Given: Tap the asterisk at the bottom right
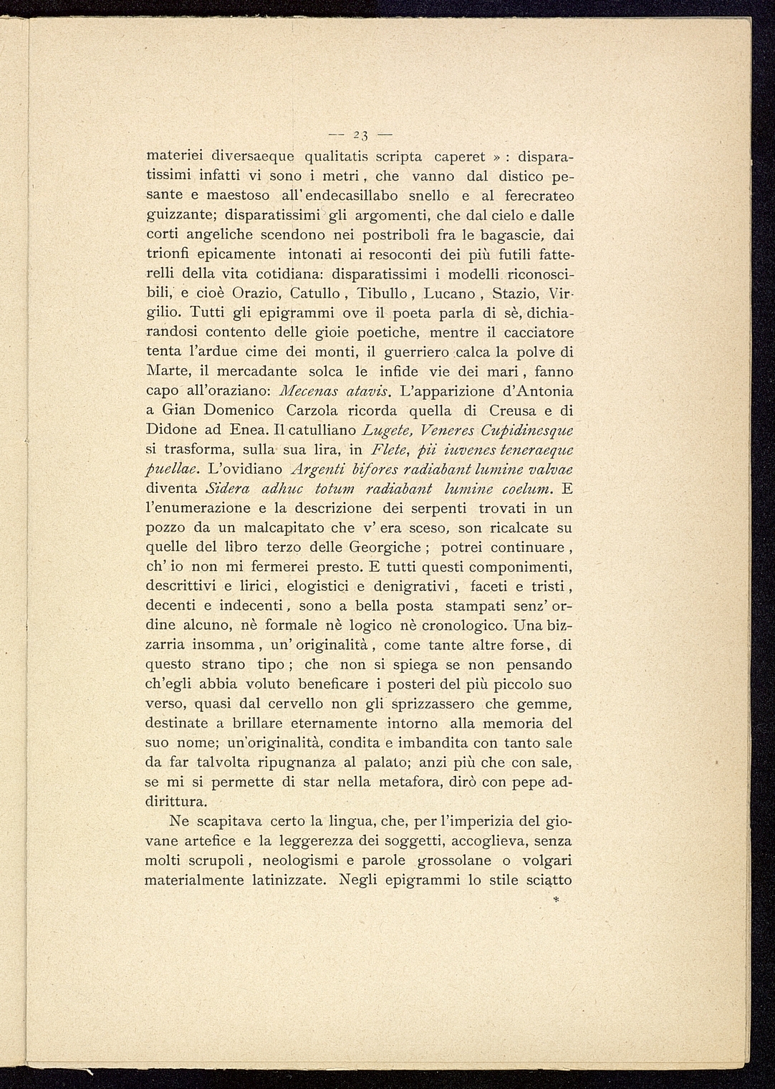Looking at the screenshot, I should coord(556,898).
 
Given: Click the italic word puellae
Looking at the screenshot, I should coord(175,470).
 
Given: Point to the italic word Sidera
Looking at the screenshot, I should coord(226,489).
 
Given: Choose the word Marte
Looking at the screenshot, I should coord(166,372).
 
